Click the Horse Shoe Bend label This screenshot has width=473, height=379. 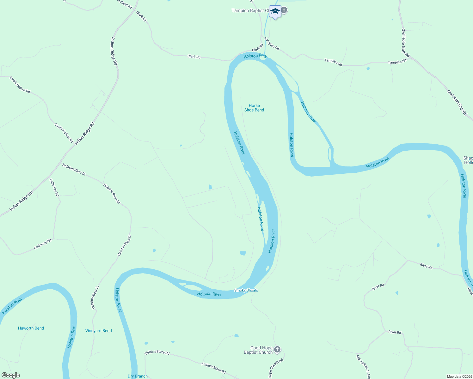click(x=254, y=108)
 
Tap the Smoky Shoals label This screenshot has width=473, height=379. click(x=246, y=290)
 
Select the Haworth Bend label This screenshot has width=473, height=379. click(x=31, y=328)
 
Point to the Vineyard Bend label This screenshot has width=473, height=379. click(x=99, y=331)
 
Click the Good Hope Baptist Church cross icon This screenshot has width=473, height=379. click(x=277, y=349)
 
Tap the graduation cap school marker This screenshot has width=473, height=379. click(x=275, y=12)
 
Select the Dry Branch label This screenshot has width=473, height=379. click(x=138, y=376)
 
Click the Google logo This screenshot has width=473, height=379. click(x=10, y=375)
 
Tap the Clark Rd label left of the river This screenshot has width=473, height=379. click(x=194, y=57)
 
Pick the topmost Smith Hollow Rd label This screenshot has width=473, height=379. click(x=20, y=85)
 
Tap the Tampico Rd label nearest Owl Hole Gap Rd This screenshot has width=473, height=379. click(x=397, y=62)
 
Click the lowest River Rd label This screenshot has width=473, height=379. click(x=395, y=332)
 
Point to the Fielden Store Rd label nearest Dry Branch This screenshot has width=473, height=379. click(x=157, y=352)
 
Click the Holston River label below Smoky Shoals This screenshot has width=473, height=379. click(x=209, y=294)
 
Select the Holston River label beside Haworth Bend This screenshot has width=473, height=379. click(x=72, y=336)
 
